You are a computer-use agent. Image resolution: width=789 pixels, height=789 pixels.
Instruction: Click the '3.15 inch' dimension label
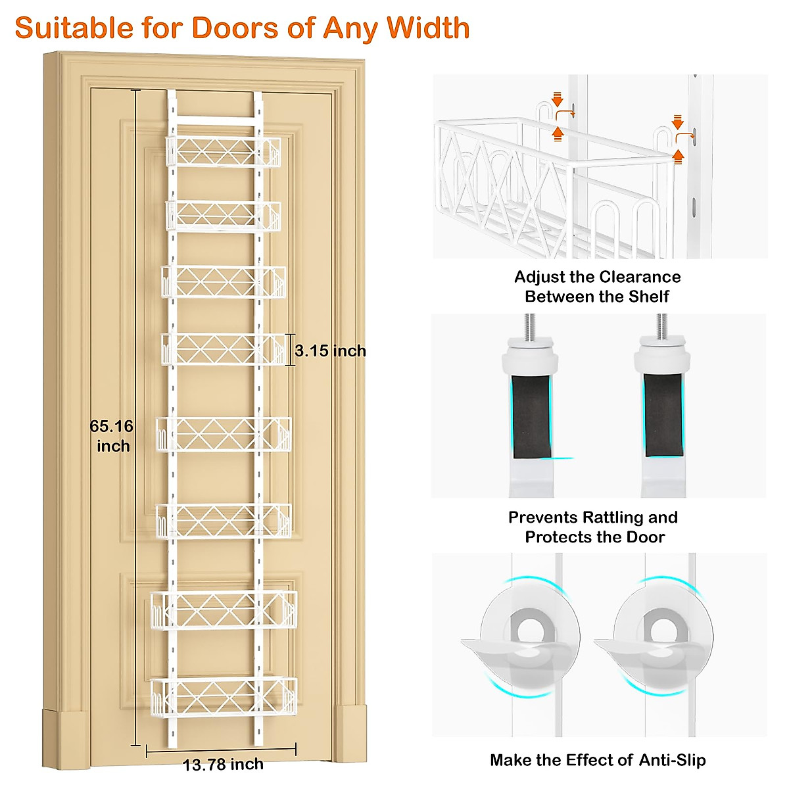point(330,350)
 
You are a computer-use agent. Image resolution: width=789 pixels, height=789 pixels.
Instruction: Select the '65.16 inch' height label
point(112,436)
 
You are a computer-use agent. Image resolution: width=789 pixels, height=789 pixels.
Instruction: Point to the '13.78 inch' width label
point(223,765)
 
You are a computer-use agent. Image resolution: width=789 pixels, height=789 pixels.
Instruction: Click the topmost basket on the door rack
point(222,152)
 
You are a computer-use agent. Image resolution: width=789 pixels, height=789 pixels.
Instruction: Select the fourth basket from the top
point(224,349)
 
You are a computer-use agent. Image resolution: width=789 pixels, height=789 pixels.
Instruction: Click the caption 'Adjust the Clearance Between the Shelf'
point(597,287)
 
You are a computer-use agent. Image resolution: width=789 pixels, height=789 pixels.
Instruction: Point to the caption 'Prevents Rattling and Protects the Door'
point(593,527)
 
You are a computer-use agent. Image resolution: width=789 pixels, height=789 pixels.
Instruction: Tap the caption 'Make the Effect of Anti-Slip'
point(598,760)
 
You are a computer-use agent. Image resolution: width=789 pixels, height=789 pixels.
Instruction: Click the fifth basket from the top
point(224,434)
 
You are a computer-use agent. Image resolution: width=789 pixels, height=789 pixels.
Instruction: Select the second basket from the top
point(222,216)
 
